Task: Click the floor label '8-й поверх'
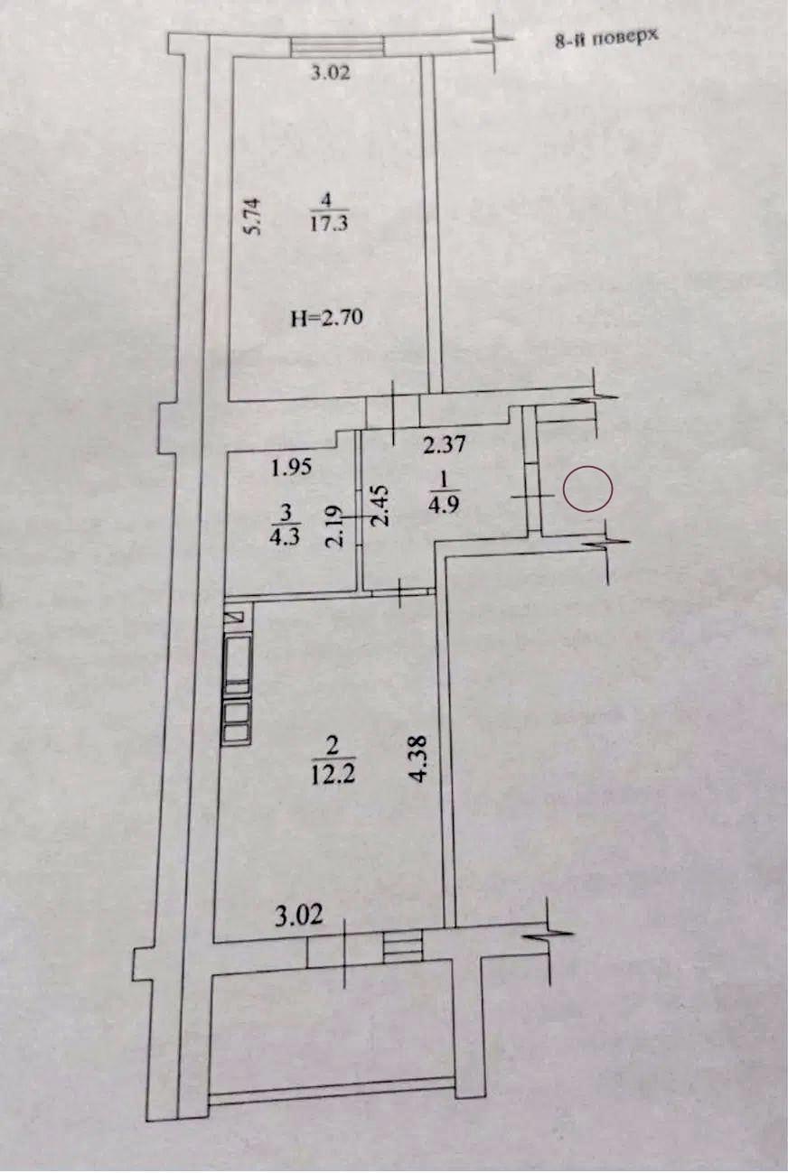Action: coord(606,38)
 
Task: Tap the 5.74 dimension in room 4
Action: coord(252,216)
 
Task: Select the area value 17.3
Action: coord(329,225)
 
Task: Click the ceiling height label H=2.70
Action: coord(327,317)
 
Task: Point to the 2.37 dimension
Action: coord(444,444)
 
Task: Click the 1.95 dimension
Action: coord(291,466)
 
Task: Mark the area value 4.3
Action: coord(285,537)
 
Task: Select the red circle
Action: coord(587,489)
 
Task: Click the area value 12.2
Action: coord(333,775)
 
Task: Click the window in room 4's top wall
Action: coord(337,44)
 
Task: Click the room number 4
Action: coord(327,200)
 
